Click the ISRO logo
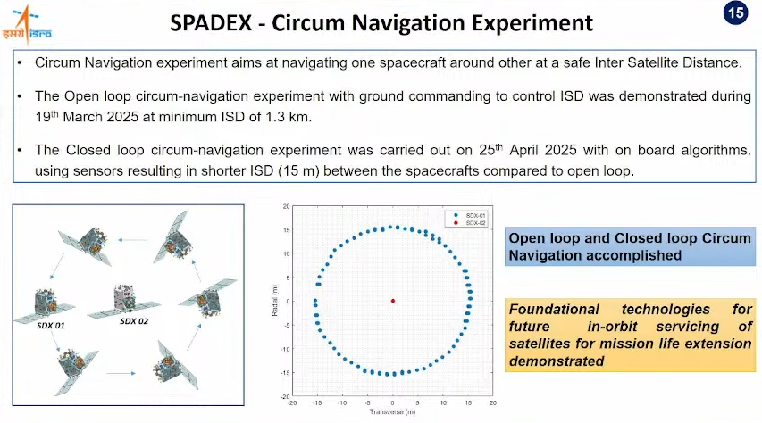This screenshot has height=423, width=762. pyautogui.click(x=27, y=24)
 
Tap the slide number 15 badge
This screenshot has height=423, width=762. pyautogui.click(x=736, y=12)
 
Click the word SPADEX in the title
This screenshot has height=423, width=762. pyautogui.click(x=211, y=23)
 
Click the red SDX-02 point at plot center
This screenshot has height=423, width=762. pyautogui.click(x=393, y=301)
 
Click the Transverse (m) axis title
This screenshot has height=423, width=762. pyautogui.click(x=393, y=411)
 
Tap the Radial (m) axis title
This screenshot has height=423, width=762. pyautogui.click(x=275, y=301)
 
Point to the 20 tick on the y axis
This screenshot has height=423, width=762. pyautogui.click(x=286, y=206)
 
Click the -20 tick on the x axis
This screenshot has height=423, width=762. pyautogui.click(x=292, y=402)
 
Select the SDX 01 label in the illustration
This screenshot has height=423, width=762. pyautogui.click(x=51, y=326)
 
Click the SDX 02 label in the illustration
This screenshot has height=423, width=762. pyautogui.click(x=134, y=321)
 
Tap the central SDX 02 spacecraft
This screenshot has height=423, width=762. pyautogui.click(x=124, y=301)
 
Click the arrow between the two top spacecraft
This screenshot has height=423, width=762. pyautogui.click(x=133, y=240)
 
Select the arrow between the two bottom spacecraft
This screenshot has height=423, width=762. pyautogui.click(x=121, y=373)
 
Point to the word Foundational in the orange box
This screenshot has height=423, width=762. pyautogui.click(x=554, y=310)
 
